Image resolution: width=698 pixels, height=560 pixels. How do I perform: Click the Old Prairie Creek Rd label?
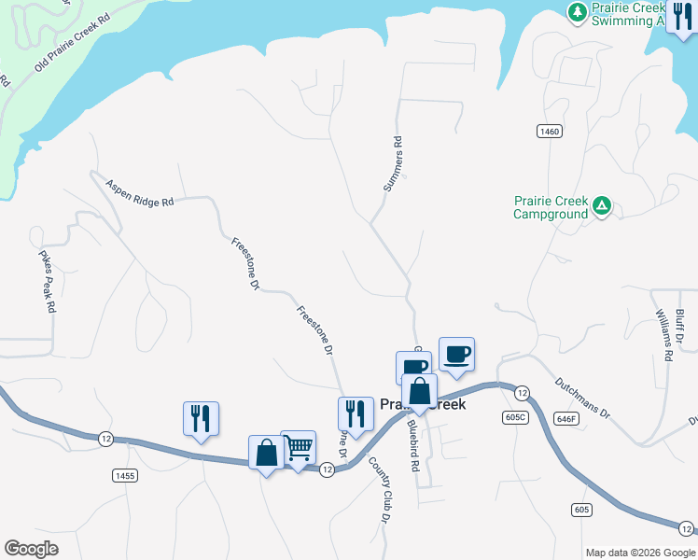(x=72, y=43)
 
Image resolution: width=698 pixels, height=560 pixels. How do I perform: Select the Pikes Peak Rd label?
(x=48, y=280)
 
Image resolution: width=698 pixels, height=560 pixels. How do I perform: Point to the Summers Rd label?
(x=392, y=165)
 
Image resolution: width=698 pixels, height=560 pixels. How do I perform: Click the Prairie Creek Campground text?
(x=551, y=207)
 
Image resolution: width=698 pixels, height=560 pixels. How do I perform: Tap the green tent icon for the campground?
(x=603, y=205)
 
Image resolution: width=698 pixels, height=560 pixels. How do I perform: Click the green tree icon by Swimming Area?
(x=578, y=12)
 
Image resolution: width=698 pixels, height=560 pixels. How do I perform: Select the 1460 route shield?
(x=549, y=132)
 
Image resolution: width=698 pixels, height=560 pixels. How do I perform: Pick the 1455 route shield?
(x=124, y=476)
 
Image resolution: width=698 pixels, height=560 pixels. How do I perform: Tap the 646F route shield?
(x=565, y=419)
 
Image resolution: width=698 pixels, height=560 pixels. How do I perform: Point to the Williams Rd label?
(x=663, y=336)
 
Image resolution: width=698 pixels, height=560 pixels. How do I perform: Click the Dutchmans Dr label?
(x=581, y=398)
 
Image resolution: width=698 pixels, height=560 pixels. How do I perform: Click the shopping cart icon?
(x=298, y=448)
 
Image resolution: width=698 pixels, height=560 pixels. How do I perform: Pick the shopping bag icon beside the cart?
(x=266, y=453)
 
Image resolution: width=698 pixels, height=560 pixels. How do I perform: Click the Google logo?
(x=31, y=549)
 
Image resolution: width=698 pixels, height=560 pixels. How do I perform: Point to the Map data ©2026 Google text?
(x=639, y=553)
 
